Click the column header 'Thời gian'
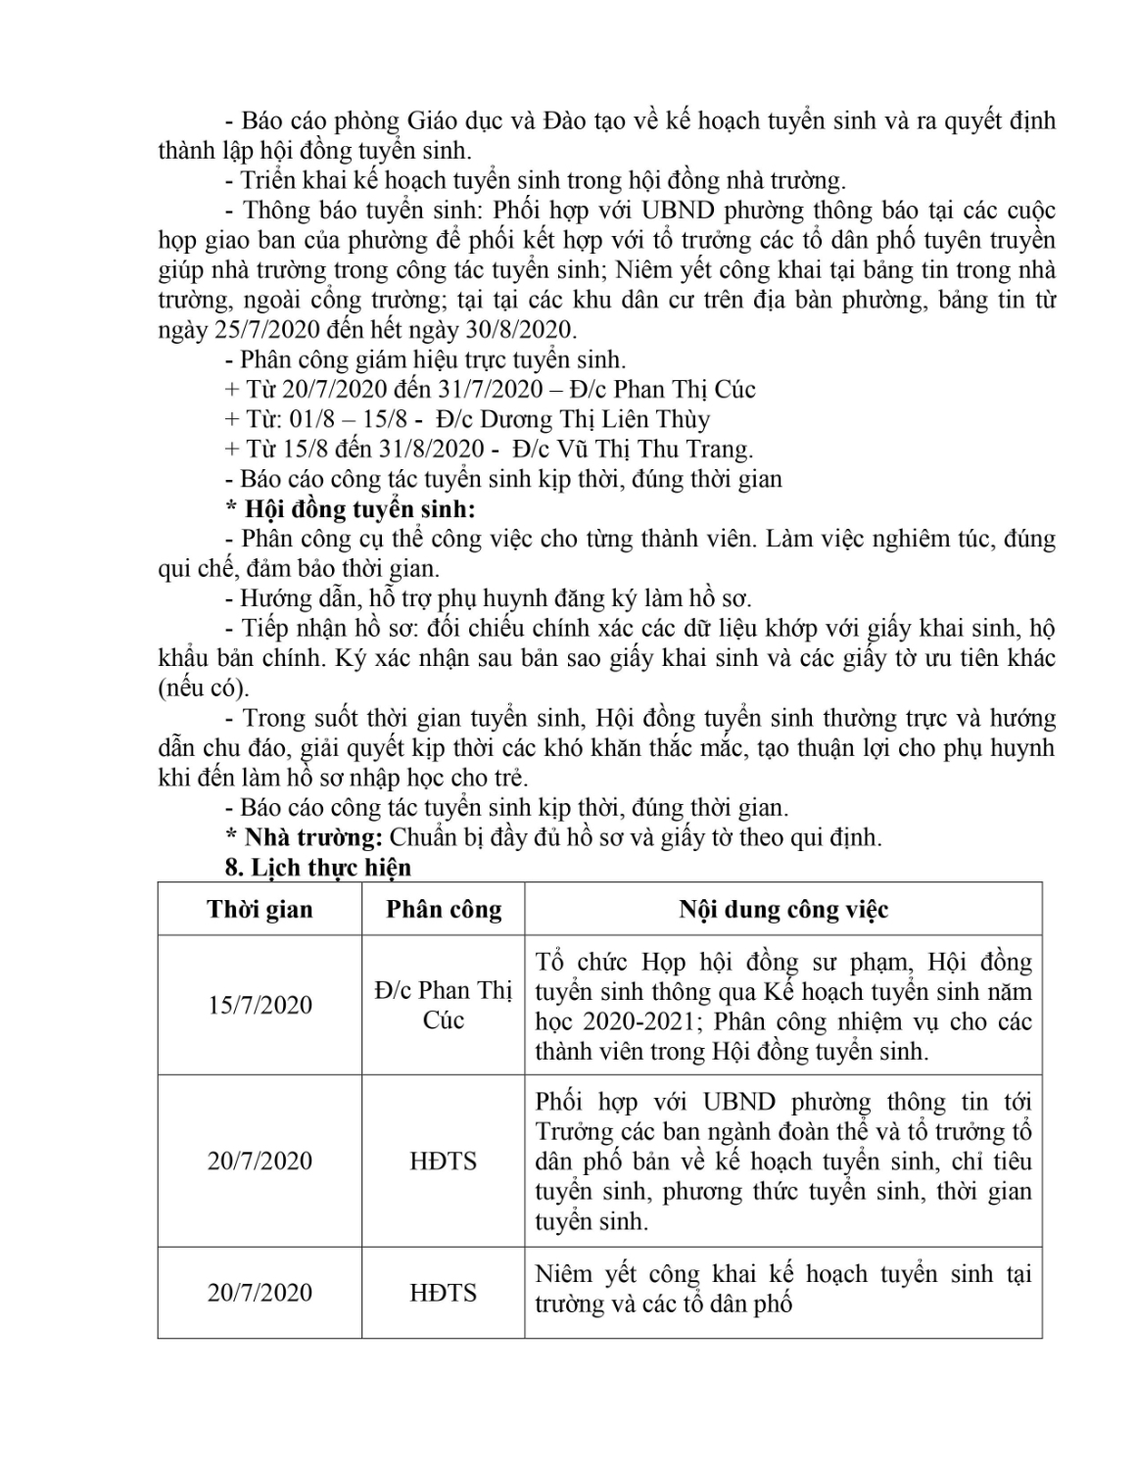click(260, 909)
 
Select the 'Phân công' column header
click(444, 909)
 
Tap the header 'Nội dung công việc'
click(783, 909)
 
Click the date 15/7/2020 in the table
click(260, 1005)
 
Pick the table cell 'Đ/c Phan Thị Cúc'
click(444, 1005)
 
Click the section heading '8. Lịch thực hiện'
click(318, 867)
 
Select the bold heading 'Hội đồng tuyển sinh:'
click(358, 509)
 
